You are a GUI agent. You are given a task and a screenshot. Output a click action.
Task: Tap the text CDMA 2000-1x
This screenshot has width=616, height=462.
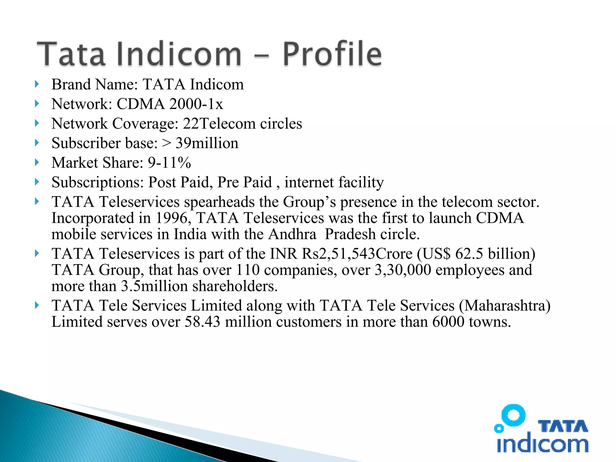[x=170, y=104]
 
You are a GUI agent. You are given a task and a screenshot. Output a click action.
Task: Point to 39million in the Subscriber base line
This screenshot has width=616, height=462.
[x=207, y=143]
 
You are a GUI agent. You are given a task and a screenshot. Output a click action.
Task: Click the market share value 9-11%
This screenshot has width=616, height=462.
[x=169, y=163]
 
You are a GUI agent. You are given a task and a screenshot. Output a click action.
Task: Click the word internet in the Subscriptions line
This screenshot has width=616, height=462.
[x=309, y=182]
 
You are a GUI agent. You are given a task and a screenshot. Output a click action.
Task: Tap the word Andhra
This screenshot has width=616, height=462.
[x=292, y=234]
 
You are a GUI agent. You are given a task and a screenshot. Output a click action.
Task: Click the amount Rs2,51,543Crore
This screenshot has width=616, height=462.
[x=357, y=254]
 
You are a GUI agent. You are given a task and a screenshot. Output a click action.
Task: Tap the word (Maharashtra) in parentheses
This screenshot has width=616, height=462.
[x=505, y=306]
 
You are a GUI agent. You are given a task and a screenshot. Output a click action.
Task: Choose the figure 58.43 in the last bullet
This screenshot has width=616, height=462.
[x=202, y=322]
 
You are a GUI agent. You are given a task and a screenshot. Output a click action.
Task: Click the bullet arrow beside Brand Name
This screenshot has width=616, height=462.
[x=37, y=84]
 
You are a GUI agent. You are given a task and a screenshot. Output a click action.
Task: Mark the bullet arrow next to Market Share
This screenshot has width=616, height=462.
[x=37, y=163]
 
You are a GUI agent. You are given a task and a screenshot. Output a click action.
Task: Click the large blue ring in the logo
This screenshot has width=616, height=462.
[x=513, y=415]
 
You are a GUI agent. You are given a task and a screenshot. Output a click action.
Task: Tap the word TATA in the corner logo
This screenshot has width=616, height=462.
[x=562, y=427]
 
